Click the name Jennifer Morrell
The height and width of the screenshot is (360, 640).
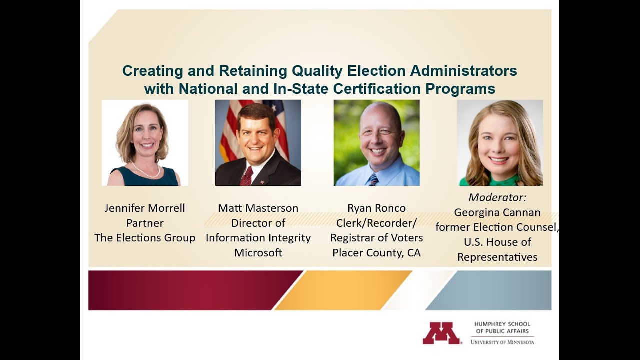click(x=145, y=208)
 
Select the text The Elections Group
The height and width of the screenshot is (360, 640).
click(x=145, y=238)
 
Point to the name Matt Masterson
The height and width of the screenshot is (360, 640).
click(x=258, y=208)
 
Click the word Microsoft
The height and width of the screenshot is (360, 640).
click(x=258, y=253)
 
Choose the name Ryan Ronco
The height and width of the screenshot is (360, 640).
click(x=377, y=208)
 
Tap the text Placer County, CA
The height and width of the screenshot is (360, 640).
click(x=377, y=253)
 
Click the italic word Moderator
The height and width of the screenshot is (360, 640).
click(x=497, y=197)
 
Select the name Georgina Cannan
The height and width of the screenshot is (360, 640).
click(x=497, y=212)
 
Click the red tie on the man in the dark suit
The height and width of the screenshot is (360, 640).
click(x=247, y=176)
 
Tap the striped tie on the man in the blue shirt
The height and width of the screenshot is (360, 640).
click(x=373, y=179)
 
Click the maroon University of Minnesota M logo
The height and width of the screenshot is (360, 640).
click(x=441, y=333)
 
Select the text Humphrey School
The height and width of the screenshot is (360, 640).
click(x=502, y=324)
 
